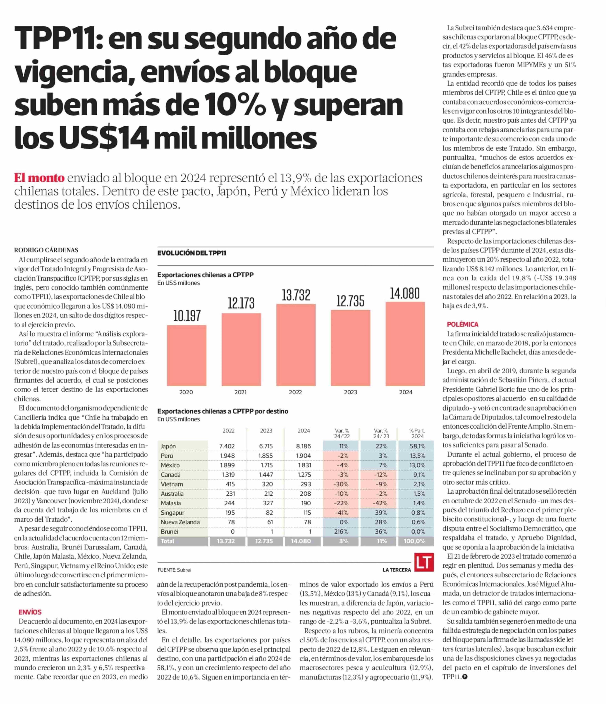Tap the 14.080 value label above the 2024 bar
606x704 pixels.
coord(405,293)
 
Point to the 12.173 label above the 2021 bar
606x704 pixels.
coord(241,303)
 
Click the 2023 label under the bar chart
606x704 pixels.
coord(350,392)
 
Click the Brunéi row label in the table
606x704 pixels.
coord(169,531)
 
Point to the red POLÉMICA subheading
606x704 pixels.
coord(462,324)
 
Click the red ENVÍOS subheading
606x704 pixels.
coord(30,612)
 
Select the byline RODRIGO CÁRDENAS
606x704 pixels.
coord(46,250)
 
